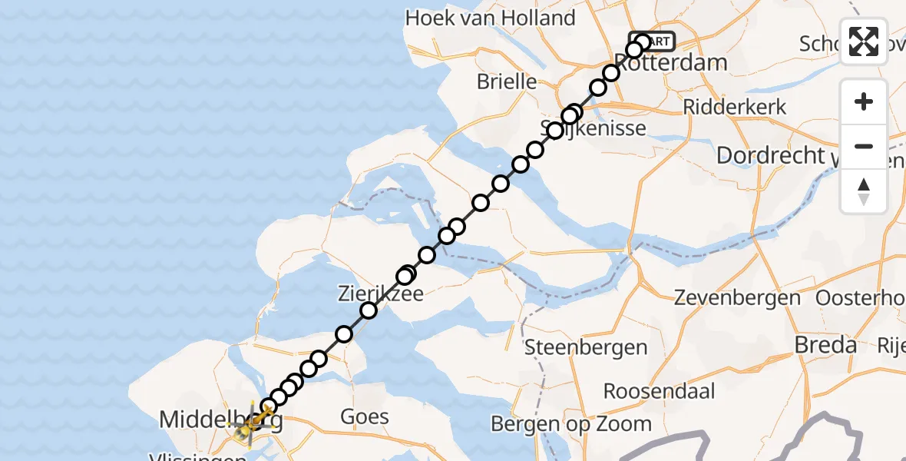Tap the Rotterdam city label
tap(671, 62)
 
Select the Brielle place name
tap(506, 81)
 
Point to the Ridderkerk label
tap(735, 107)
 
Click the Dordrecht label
tap(769, 155)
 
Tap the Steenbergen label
tap(586, 347)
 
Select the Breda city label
tap(825, 345)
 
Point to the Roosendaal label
tap(659, 390)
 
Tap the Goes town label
tap(366, 417)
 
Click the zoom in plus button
tap(864, 101)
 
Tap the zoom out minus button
tap(864, 146)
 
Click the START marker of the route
tap(653, 41)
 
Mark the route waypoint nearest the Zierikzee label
tap(369, 310)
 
